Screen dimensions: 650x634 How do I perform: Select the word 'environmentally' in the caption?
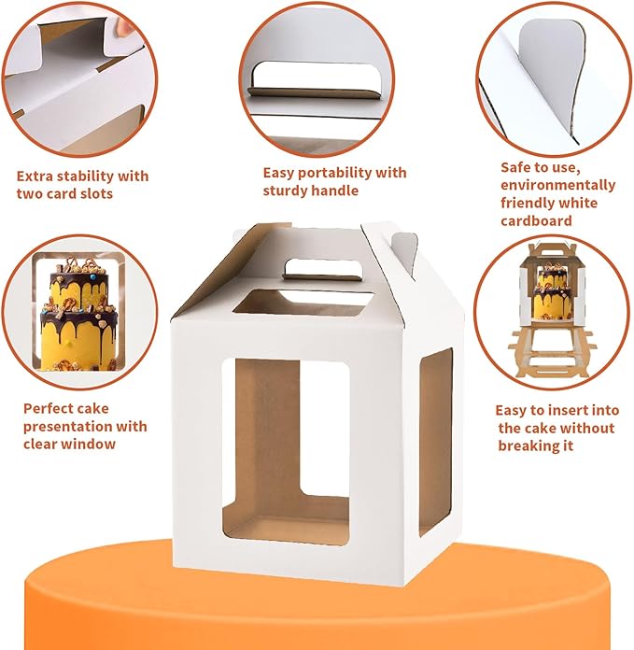coord(558,185)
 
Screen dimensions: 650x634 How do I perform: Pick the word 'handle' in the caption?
coord(337,191)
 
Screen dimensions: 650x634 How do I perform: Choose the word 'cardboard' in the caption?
coord(536,220)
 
